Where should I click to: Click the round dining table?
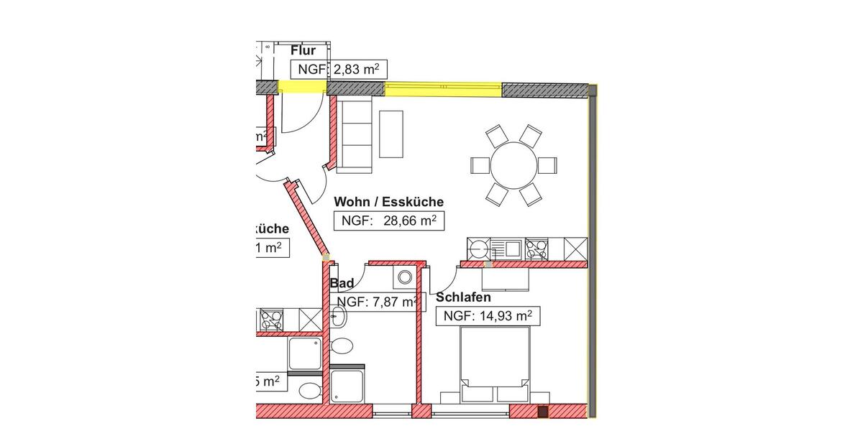[x=513, y=164]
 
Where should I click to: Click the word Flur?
[x=303, y=50]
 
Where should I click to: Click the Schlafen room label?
[x=463, y=297]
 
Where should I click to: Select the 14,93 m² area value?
[x=488, y=315]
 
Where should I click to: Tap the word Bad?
[x=342, y=284]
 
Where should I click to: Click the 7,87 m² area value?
[x=376, y=302]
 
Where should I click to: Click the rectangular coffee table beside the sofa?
[x=391, y=134]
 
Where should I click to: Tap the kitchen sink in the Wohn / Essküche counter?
[x=512, y=249]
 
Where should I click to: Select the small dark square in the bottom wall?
[x=544, y=412]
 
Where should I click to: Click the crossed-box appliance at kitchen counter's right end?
[x=576, y=249]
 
